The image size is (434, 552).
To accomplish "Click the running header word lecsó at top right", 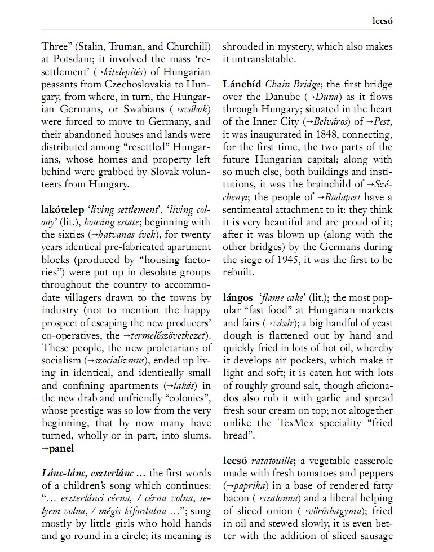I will tap(383, 21).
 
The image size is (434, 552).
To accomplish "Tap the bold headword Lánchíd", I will tap(242, 85).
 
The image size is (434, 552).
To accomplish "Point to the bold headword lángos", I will tap(238, 297).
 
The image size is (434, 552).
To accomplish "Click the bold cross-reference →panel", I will tap(57, 449).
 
